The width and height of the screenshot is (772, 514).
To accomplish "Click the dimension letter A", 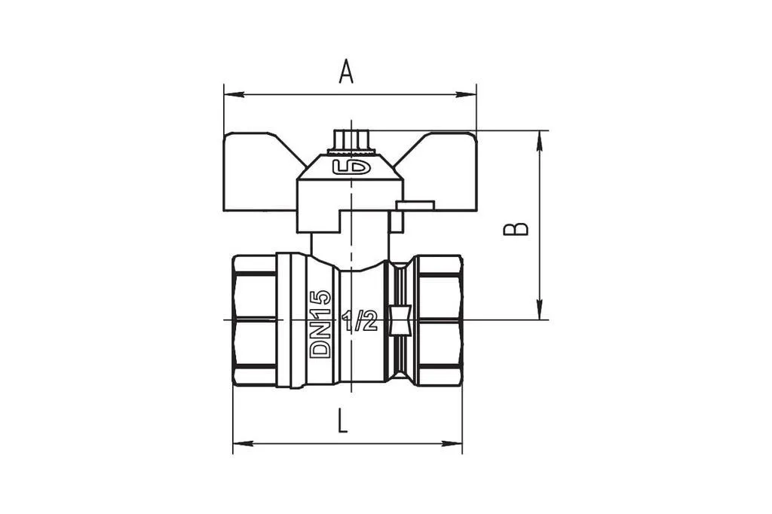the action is pos(346,72).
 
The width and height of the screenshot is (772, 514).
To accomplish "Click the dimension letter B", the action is pos(516,229).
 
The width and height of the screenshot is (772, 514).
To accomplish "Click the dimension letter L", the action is pos(343,421).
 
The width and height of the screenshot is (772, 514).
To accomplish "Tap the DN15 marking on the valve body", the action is pos(320,323).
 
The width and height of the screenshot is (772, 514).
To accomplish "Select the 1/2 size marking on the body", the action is pos(360,321).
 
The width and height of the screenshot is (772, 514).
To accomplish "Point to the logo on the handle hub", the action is pos(351,167).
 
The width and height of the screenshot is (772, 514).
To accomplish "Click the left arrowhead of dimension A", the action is pos(234,94).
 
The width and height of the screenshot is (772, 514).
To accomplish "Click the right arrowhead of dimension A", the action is pos(466,94).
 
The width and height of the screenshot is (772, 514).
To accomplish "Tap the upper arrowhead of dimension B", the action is pos(540,141).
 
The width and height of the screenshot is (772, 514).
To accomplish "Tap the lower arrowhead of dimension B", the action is pos(540,310).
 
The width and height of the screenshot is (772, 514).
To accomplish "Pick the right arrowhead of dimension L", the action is pos(452,444).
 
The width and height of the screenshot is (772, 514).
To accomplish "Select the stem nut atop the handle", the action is pos(351,142).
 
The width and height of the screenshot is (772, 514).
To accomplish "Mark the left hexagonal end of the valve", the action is pos(254,320).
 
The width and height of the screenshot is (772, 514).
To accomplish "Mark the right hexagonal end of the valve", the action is pos(440,320).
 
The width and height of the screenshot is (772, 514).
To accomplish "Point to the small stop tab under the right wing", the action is pos(415,205).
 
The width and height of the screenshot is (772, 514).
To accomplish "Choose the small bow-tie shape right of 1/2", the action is pos(400,321).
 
